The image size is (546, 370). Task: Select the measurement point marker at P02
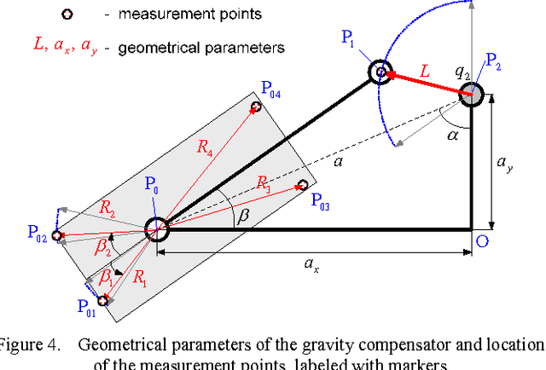coord(57,235)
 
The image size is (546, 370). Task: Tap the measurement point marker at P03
coord(301,184)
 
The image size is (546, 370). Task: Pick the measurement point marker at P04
coord(255,107)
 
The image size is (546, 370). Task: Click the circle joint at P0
coord(156,228)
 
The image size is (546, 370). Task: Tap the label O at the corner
coord(482,241)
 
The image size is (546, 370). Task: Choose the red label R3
coord(263,182)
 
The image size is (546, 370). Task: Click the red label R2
coord(106,206)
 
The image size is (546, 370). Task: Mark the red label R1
coord(140,275)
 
